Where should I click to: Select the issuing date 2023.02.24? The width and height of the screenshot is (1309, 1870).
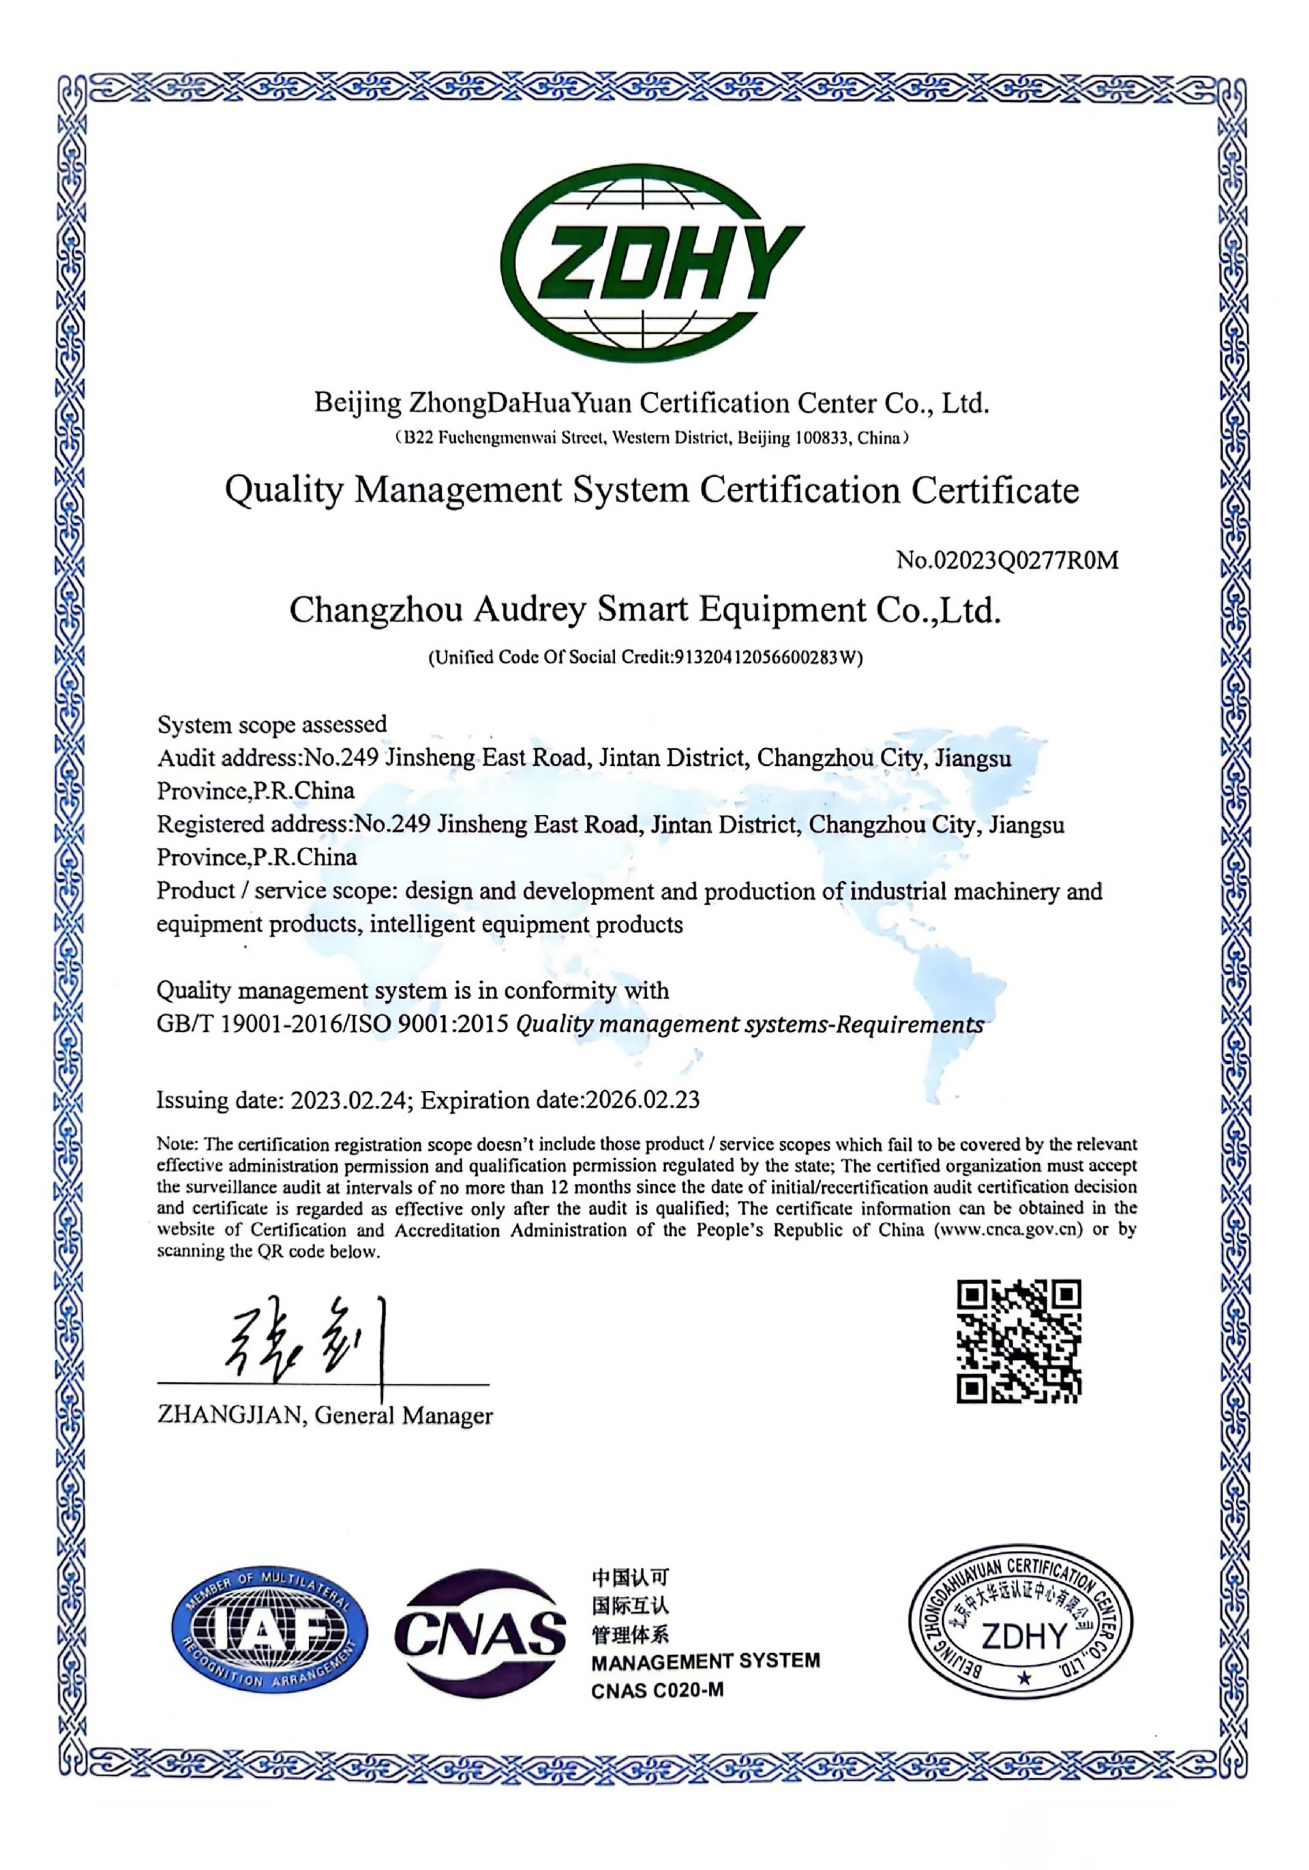point(348,1100)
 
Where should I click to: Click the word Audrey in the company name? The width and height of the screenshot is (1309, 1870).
point(529,610)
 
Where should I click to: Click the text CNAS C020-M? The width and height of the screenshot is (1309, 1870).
point(657,1691)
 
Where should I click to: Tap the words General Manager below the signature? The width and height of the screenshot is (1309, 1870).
point(404,1416)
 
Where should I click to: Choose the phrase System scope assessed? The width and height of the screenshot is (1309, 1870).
point(272,724)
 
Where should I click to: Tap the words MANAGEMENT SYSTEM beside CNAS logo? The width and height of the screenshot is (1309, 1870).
point(705,1661)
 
